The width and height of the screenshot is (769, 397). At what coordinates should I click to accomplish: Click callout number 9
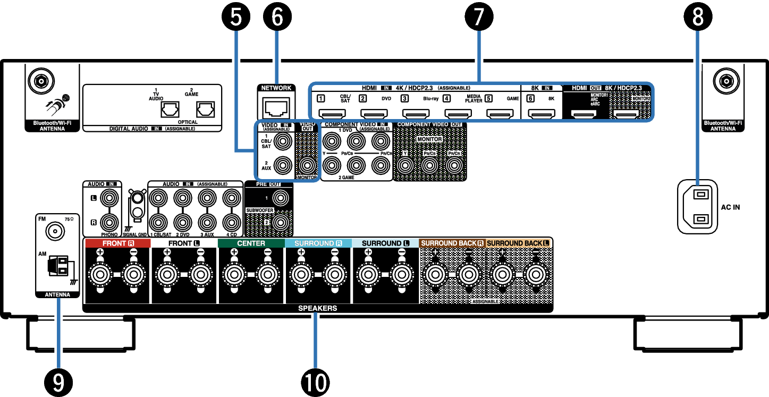(58, 381)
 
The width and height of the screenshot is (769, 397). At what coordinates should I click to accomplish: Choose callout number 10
(315, 381)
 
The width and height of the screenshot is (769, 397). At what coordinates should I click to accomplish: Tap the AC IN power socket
(697, 206)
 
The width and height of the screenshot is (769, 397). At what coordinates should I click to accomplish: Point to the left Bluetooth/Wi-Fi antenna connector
(40, 81)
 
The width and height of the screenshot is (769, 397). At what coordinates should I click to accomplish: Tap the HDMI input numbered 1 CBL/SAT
(332, 113)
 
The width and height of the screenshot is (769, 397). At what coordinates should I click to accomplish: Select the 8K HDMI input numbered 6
(542, 113)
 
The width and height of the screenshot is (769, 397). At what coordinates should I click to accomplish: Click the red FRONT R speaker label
(117, 243)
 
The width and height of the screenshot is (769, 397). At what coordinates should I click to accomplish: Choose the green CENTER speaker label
(251, 243)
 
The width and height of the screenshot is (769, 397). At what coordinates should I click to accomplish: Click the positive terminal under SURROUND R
(301, 275)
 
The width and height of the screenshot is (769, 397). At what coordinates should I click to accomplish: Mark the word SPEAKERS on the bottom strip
(317, 308)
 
